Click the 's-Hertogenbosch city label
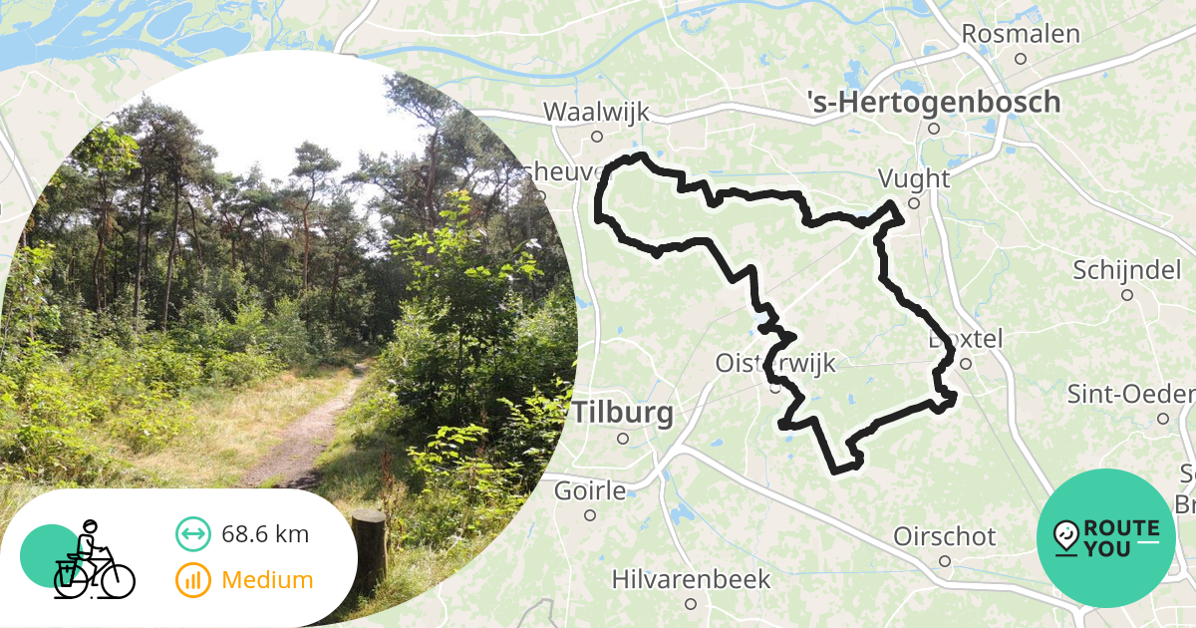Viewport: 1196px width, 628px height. pos(933,101)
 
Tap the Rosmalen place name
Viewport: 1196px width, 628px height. pos(1020,34)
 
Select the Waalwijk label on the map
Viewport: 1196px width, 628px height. pos(596,112)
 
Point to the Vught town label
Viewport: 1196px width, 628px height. pos(913,178)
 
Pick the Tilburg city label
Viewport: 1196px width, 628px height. pos(623,413)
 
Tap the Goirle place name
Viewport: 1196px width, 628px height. pos(589,490)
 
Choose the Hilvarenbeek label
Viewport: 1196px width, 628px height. pos(691,578)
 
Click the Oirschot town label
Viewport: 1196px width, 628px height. pos(944,536)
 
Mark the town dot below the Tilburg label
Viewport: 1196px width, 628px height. pos(623,438)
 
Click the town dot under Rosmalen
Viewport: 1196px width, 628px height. pos(1020,59)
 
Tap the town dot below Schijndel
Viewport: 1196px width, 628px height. pos(1127,294)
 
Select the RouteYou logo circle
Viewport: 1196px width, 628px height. pos(1105,537)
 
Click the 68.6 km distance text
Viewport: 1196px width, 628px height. pos(265,534)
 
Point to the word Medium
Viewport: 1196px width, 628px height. pos(267,580)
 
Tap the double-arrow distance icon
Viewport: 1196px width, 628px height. pos(192,534)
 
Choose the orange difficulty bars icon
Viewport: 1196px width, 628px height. pos(192,580)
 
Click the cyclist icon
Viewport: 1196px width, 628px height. pos(92,561)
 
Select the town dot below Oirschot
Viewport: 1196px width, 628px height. pos(945,561)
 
